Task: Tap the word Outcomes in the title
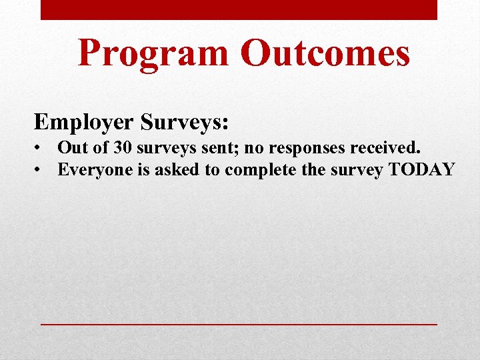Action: pos(325,53)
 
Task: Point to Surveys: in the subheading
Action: pos(185,122)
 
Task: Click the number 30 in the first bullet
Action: pos(122,147)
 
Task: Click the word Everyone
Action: pos(94,169)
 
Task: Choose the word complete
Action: pos(260,169)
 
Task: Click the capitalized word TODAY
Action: pos(421,169)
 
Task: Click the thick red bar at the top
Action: pos(239,10)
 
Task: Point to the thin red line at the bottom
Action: pos(239,323)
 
